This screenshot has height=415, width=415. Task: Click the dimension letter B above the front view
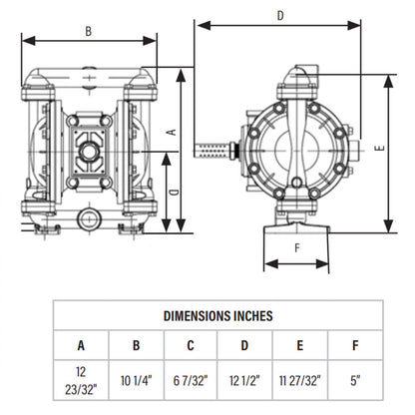[88, 32]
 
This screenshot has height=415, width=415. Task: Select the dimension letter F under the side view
[296, 248]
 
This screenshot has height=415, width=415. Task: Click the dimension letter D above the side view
[280, 15]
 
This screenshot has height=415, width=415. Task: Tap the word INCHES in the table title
[249, 315]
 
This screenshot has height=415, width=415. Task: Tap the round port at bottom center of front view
[89, 215]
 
